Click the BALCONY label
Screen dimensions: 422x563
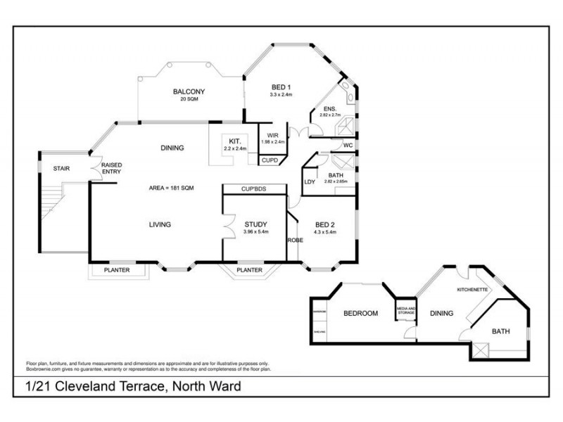pos(189,91)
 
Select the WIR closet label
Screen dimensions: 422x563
pos(272,136)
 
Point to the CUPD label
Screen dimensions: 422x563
pos(270,160)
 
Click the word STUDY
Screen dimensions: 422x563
pos(257,224)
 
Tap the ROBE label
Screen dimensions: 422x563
pos(294,240)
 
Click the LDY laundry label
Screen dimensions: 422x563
pos(309,182)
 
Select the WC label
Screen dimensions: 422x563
pos(348,146)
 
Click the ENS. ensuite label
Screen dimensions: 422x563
pos(329,109)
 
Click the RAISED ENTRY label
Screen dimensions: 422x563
pos(112,168)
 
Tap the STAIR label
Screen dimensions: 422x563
pos(61,169)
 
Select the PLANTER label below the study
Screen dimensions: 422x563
pos(249,270)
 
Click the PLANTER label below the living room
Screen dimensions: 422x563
pos(117,270)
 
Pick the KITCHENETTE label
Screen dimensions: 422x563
pos(472,289)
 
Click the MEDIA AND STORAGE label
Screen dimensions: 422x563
pos(407,311)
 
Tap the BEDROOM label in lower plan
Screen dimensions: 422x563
pos(360,313)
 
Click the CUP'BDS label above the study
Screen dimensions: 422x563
pos(254,190)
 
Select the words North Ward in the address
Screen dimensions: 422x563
pos(208,386)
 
